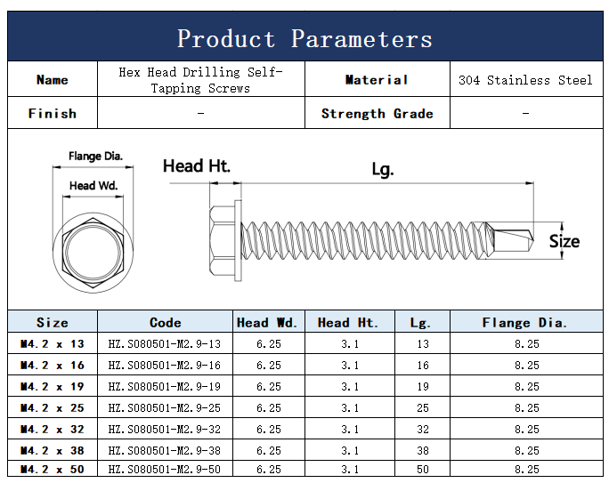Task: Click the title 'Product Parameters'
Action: point(304,39)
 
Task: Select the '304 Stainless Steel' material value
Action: point(525,80)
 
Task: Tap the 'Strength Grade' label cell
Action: point(378,114)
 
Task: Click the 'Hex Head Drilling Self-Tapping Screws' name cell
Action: point(200,80)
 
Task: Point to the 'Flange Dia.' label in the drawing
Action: point(95,156)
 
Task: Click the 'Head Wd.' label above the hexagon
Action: point(93,185)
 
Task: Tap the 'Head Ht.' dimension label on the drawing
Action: point(197,166)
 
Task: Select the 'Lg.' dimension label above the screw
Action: point(383,170)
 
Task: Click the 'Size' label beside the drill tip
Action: point(564,241)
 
